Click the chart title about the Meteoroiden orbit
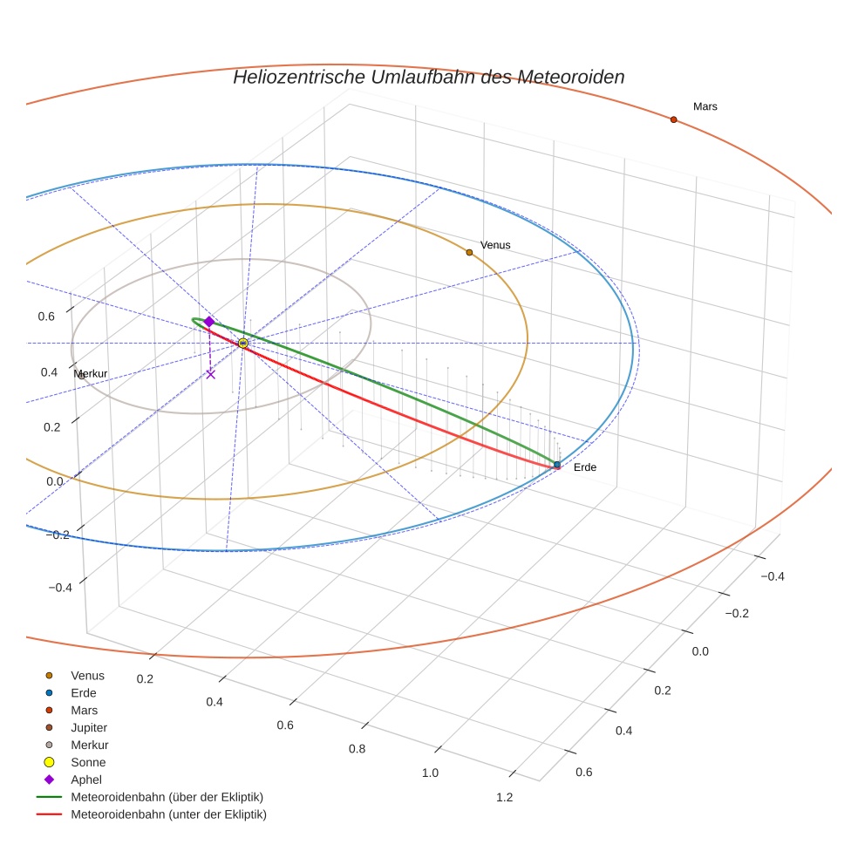[x=428, y=77]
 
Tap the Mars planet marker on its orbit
[x=673, y=119]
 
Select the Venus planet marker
[x=469, y=252]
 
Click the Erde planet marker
[x=557, y=465]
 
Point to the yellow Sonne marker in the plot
[x=242, y=344]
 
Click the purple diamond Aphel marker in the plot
[x=209, y=322]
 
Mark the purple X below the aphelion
[x=210, y=374]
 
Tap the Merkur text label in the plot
[x=91, y=374]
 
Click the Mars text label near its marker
[x=705, y=106]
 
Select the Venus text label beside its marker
[x=495, y=245]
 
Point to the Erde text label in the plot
[x=585, y=467]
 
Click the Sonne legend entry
[x=87, y=762]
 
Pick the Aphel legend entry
[x=85, y=780]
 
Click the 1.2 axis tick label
[x=503, y=797]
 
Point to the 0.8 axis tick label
[x=357, y=748]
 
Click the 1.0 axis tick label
[x=430, y=773]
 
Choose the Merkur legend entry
[x=89, y=745]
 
